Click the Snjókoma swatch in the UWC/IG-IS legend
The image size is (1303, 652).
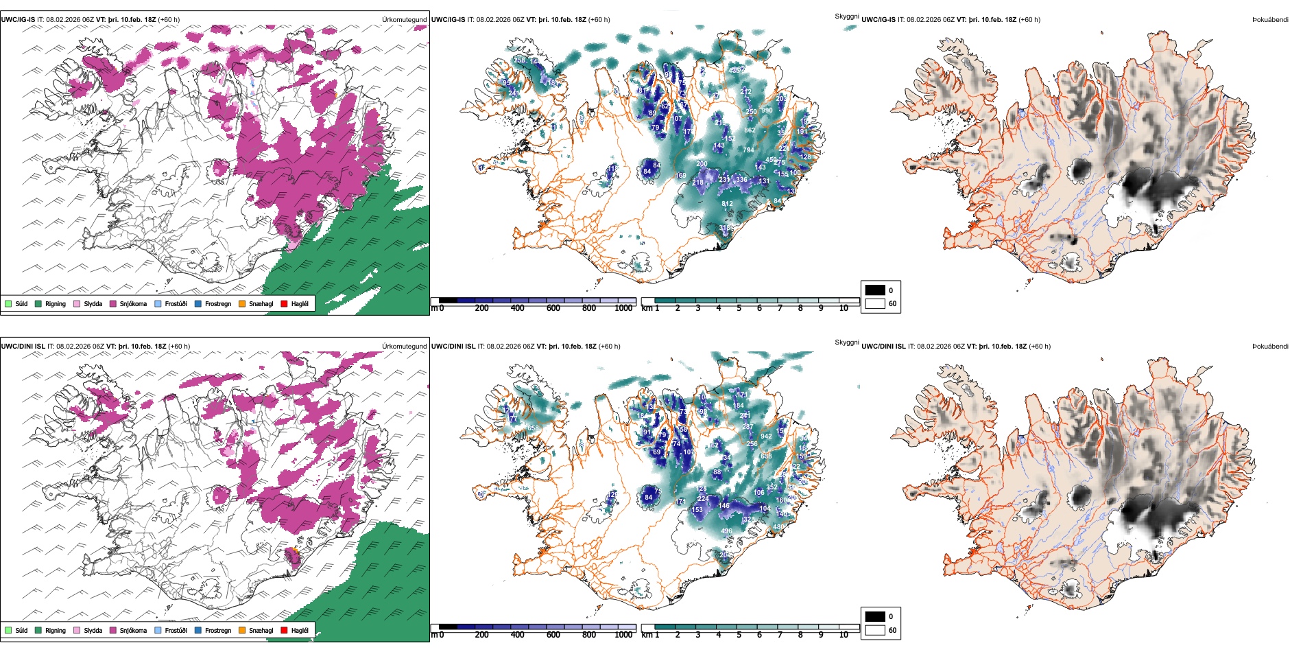113,303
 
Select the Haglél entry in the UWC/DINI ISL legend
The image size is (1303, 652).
285,630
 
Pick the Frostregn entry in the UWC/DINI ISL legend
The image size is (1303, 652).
198,630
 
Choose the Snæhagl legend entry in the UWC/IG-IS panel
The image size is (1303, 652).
242,303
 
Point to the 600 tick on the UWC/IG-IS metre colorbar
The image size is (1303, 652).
553,308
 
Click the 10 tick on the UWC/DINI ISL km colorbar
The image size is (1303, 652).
844,635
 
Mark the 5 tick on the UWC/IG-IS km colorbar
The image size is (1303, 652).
739,308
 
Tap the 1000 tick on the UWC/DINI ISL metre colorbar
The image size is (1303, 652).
623,635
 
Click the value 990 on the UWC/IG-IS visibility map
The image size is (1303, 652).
767,110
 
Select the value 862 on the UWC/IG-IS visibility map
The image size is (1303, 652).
750,130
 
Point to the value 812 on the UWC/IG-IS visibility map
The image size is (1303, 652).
728,204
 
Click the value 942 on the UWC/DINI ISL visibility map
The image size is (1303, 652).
766,436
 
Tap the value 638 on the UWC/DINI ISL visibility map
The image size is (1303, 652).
766,456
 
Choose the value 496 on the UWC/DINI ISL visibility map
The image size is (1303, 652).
726,531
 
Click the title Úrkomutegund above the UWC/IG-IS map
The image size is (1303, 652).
404,20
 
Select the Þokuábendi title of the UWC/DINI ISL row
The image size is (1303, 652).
1270,347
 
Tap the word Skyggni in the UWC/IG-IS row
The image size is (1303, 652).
846,16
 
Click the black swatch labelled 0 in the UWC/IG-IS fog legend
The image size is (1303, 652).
875,290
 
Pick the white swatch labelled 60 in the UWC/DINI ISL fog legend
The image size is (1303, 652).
875,630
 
